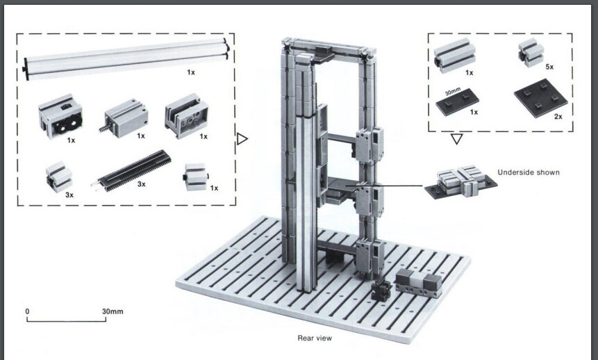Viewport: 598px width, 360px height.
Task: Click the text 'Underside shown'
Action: [529, 172]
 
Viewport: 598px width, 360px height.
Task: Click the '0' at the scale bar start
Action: [28, 311]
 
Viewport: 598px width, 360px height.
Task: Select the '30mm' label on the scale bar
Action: [112, 311]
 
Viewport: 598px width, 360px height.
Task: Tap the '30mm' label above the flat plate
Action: [452, 90]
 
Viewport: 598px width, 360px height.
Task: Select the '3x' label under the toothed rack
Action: [140, 183]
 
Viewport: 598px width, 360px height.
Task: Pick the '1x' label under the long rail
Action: [190, 72]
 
